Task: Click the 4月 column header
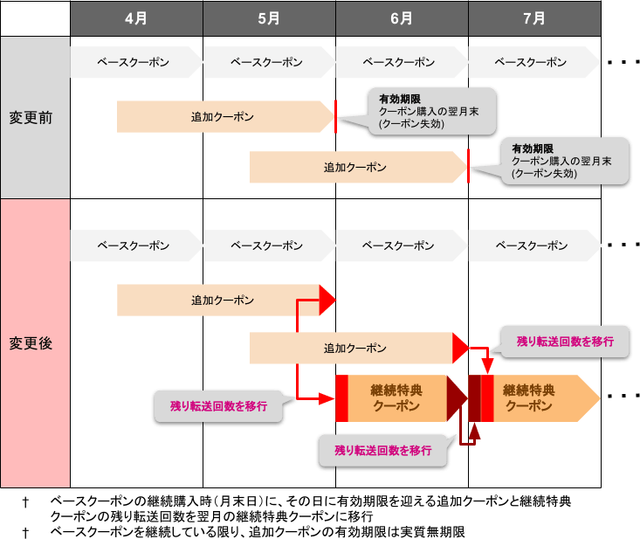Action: coord(136,17)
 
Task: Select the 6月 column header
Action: coord(402,17)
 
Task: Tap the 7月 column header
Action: coord(534,17)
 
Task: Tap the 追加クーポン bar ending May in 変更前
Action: coord(224,116)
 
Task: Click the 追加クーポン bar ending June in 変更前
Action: coord(357,167)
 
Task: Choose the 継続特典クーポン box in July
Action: coord(534,397)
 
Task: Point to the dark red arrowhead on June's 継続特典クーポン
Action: coord(457,397)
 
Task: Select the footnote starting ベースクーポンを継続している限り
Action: coord(258,531)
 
